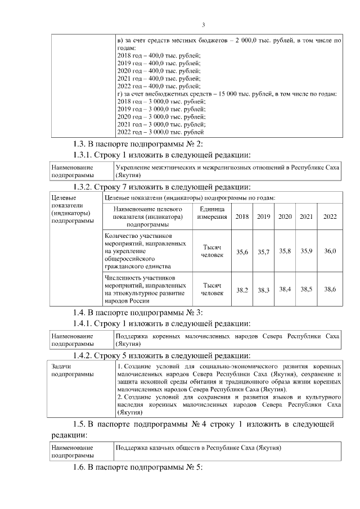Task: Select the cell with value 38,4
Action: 285,289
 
